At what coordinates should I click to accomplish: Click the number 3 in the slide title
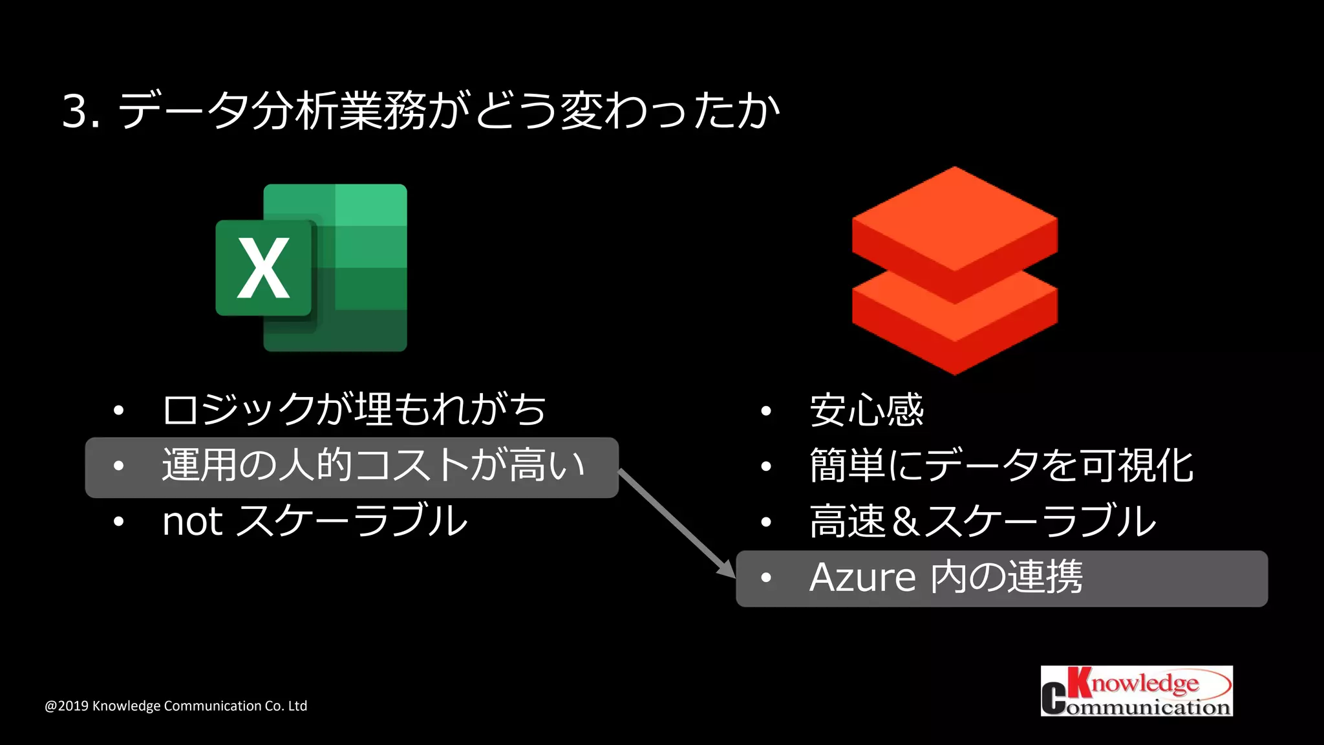tap(76, 111)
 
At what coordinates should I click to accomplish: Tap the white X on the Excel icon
tap(264, 268)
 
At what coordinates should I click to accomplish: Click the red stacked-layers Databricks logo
tap(954, 270)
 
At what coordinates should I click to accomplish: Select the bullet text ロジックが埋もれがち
tap(354, 410)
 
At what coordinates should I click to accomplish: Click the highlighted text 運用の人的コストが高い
tap(373, 466)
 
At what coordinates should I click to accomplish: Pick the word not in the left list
tap(192, 522)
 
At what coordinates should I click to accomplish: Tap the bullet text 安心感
tap(866, 411)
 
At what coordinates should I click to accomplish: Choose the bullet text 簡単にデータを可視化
tap(1001, 466)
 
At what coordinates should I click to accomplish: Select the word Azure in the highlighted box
tap(862, 578)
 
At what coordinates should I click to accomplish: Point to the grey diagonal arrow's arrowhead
tap(727, 568)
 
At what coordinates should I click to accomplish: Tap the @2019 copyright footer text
tap(176, 706)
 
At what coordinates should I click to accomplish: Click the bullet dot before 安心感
tap(766, 411)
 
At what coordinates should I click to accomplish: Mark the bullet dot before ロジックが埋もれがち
tap(118, 410)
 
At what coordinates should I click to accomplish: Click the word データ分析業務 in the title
tap(272, 111)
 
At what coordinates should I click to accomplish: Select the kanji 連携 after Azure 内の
tap(1045, 578)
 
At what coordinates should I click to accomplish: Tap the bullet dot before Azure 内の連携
tap(766, 578)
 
